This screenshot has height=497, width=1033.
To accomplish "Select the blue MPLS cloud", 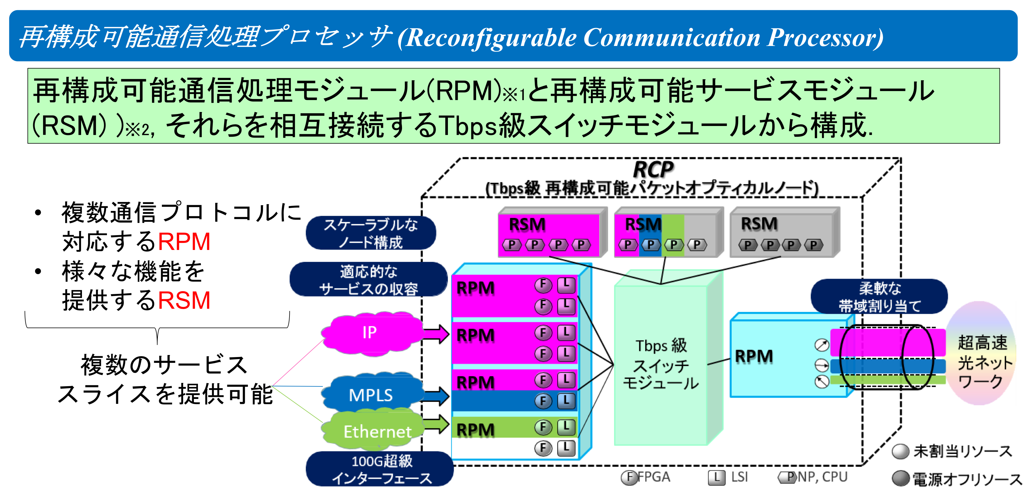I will coord(371,394).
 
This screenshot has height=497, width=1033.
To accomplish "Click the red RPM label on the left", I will coord(184,242).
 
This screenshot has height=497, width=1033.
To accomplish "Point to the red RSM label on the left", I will coord(184,300).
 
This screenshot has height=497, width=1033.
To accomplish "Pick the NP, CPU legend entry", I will coord(814,477).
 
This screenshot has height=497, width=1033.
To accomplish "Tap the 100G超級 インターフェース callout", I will coord(381,469).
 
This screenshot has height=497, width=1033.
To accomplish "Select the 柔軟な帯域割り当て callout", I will coord(879,297).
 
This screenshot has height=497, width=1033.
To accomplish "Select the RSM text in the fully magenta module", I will coord(527,225).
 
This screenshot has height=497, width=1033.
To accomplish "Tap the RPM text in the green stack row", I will coord(476,429).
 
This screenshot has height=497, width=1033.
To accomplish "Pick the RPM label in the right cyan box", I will coord(754,356).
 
